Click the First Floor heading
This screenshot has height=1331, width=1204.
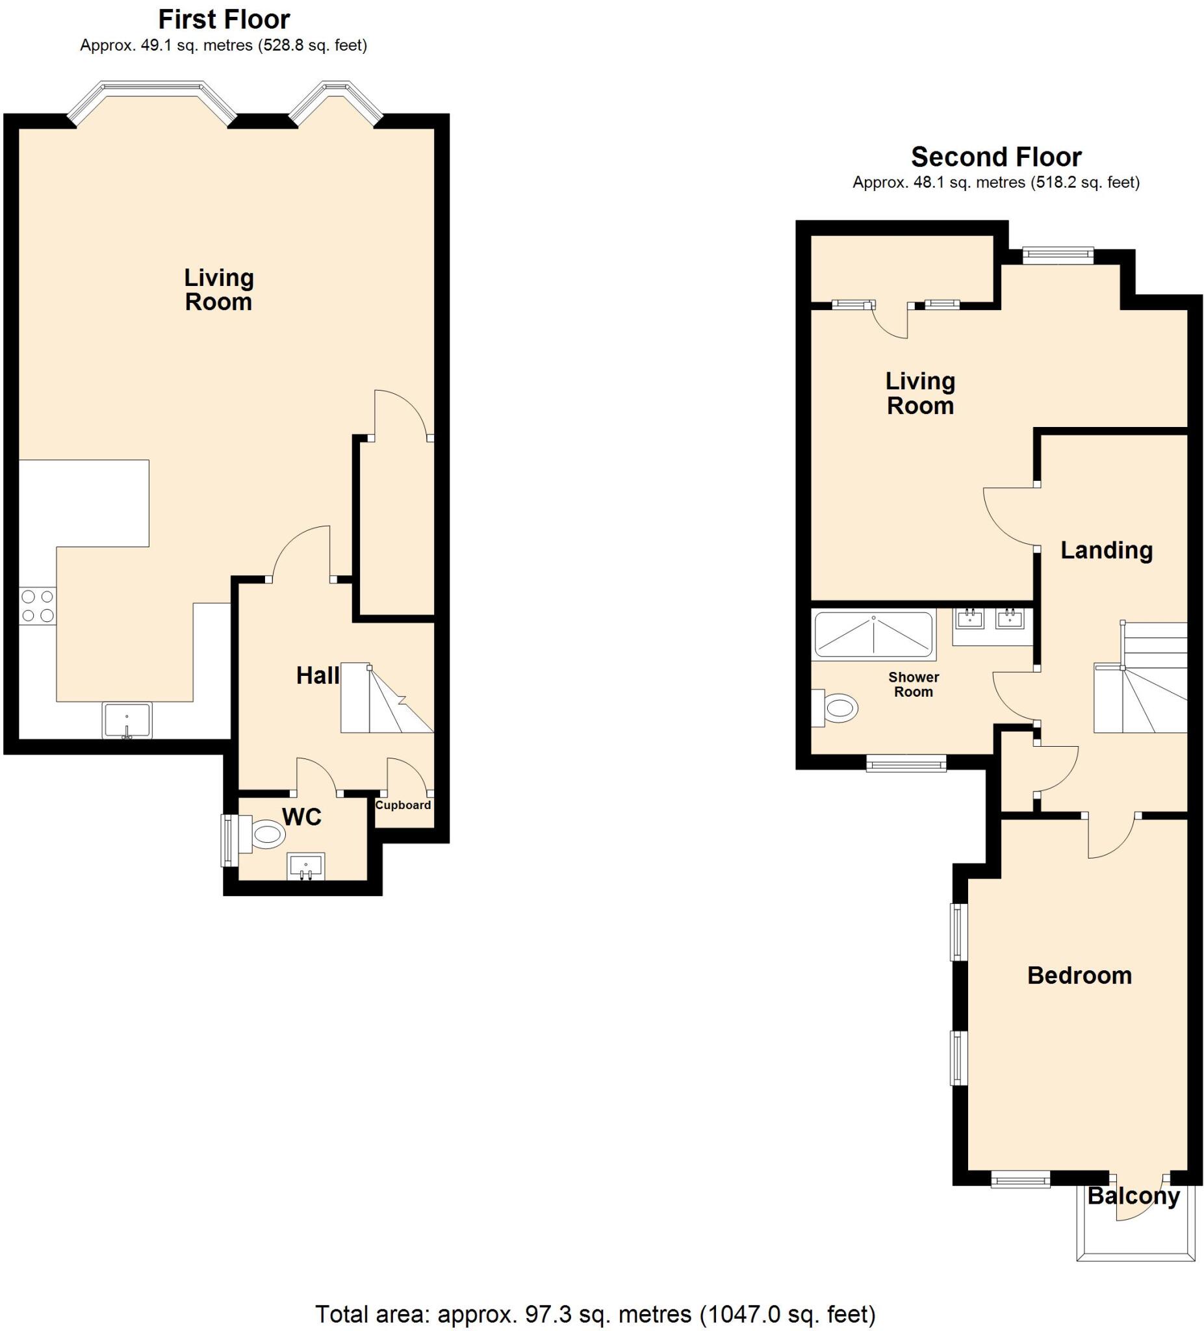[224, 19]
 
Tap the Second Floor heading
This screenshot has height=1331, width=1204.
[995, 157]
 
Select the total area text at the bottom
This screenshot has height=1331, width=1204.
[595, 1314]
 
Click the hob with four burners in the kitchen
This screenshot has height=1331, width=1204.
[37, 606]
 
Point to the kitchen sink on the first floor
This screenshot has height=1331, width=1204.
[127, 720]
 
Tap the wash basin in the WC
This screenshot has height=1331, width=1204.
[305, 866]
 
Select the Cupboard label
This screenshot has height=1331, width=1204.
[403, 805]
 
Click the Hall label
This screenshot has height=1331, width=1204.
[318, 675]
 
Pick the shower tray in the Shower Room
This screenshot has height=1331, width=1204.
[874, 635]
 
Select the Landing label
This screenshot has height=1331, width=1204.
[1107, 550]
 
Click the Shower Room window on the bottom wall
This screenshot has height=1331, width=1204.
[906, 764]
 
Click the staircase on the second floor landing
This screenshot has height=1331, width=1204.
[1140, 687]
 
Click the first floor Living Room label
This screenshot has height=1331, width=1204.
[218, 290]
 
